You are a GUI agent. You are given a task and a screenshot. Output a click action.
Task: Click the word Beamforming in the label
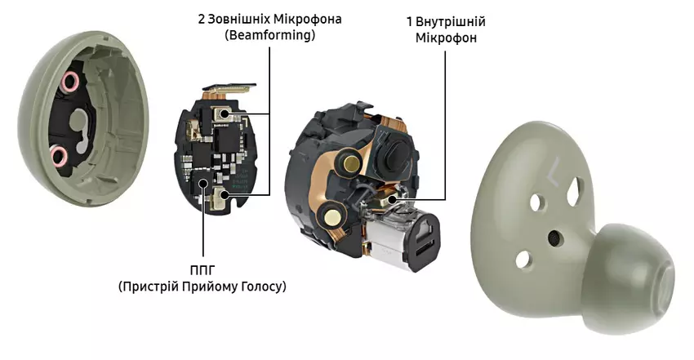point(270,35)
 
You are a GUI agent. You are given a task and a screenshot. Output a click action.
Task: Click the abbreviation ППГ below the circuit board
point(202,269)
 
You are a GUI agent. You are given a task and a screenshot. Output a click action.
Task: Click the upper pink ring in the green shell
point(69,81)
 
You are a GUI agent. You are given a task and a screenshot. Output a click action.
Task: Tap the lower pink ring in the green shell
point(59,155)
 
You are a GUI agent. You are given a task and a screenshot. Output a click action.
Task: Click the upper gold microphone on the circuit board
point(222,113)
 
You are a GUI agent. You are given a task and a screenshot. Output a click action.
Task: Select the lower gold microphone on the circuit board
point(221,195)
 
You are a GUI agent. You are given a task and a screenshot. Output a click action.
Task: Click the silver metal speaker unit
point(401,239)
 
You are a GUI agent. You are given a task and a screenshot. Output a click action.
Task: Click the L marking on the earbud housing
point(553,171)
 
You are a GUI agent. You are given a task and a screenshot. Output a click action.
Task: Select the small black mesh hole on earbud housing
point(554,238)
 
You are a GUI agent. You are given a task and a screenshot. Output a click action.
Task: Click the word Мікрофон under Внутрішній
point(446,38)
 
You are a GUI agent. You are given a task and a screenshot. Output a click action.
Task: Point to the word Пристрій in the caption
point(147,287)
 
